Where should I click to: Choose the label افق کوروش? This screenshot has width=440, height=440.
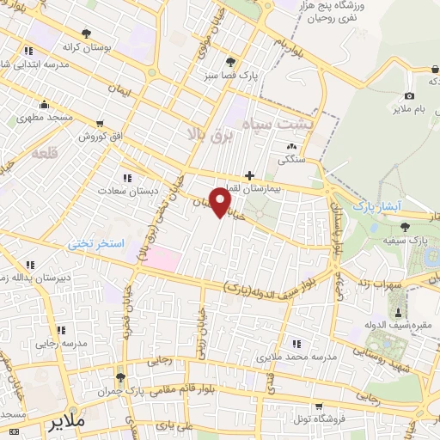[103, 136]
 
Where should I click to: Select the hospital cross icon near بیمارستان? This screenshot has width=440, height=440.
[249, 175]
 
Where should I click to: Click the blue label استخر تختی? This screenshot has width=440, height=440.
[97, 244]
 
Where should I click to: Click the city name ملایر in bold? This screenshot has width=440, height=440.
[67, 424]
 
